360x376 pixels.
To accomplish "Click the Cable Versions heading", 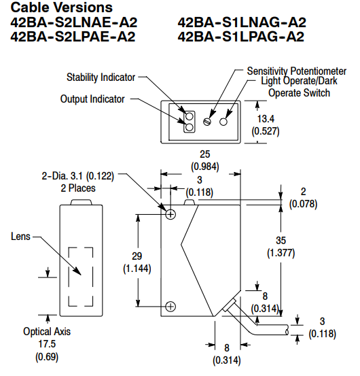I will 61,7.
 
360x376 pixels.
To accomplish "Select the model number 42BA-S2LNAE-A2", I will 74,22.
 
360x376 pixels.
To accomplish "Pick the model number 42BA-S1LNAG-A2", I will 241,22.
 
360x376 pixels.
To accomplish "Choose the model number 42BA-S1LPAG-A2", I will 240,36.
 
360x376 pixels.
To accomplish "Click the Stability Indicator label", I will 101,77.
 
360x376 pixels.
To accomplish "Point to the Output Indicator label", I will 92,99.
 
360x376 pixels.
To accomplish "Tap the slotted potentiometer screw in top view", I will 209,122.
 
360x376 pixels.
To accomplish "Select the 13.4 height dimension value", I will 266,120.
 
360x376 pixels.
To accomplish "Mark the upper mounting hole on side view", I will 170,214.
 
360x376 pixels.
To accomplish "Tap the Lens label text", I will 20,237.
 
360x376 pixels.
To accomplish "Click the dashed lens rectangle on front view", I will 82,275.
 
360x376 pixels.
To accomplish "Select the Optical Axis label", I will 45,332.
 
